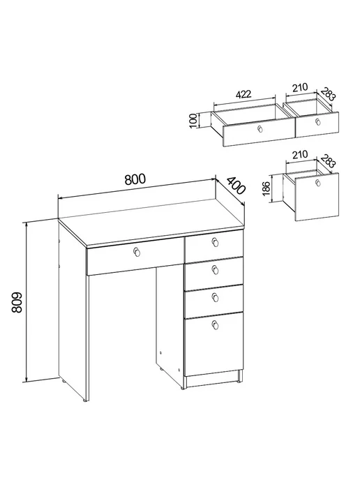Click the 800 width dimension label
click(135, 179)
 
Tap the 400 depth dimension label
click(236, 186)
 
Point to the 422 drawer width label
click(243, 94)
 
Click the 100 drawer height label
click(193, 121)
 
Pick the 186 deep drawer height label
click(266, 188)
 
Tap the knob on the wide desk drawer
click(137, 252)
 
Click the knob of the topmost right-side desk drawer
click(216, 242)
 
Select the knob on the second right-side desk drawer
click(216, 269)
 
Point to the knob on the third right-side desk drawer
click(216, 297)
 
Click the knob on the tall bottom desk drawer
click(216, 324)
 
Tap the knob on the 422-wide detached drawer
click(260, 129)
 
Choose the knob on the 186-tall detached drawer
click(318, 183)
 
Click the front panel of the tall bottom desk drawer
click(213, 344)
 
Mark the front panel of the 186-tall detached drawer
click(317, 197)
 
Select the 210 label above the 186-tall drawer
click(300, 155)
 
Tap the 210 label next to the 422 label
click(300, 87)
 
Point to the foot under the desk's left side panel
click(84, 400)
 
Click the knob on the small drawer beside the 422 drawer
click(318, 121)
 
